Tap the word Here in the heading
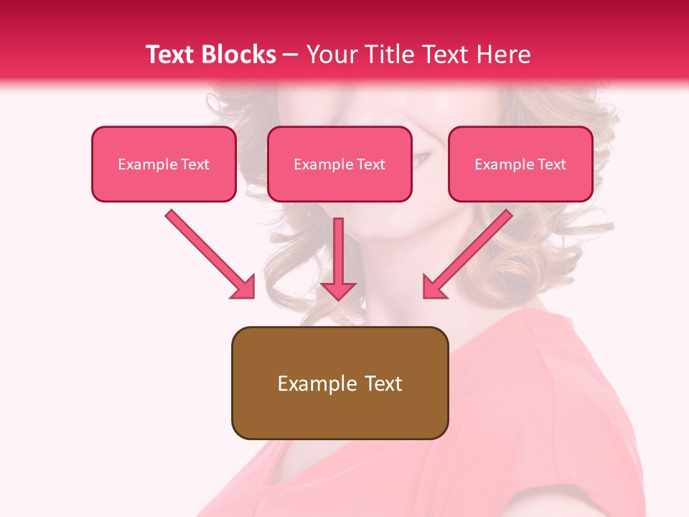[x=503, y=55]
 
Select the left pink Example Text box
[x=164, y=164]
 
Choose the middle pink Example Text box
[x=339, y=164]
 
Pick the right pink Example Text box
[x=520, y=164]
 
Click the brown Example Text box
[x=339, y=383]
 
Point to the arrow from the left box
[x=208, y=253]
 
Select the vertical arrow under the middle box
[x=338, y=258]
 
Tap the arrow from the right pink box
[x=469, y=253]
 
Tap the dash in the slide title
[x=290, y=55]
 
